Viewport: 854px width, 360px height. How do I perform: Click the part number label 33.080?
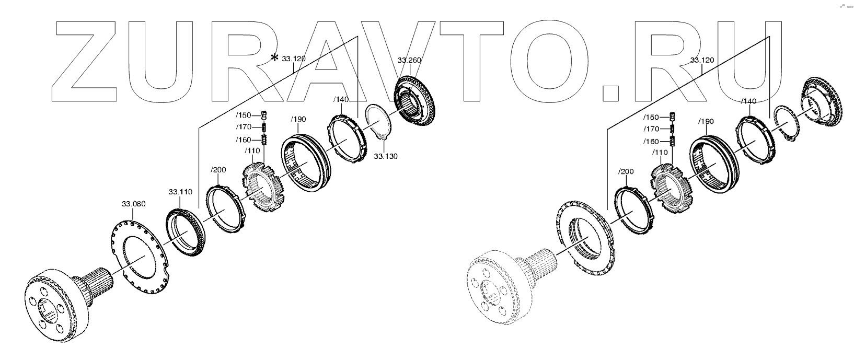(x=133, y=203)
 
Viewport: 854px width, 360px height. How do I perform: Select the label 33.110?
(x=180, y=192)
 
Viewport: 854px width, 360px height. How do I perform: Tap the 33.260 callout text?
(x=409, y=60)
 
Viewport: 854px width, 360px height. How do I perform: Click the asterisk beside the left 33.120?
(x=274, y=57)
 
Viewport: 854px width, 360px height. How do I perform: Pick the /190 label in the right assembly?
(x=706, y=122)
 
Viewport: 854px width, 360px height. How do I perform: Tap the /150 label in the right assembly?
(x=651, y=118)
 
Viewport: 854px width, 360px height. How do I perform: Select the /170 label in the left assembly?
(x=244, y=127)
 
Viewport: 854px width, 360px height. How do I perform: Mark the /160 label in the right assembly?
(x=651, y=142)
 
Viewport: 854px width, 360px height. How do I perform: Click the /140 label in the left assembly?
(x=340, y=99)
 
